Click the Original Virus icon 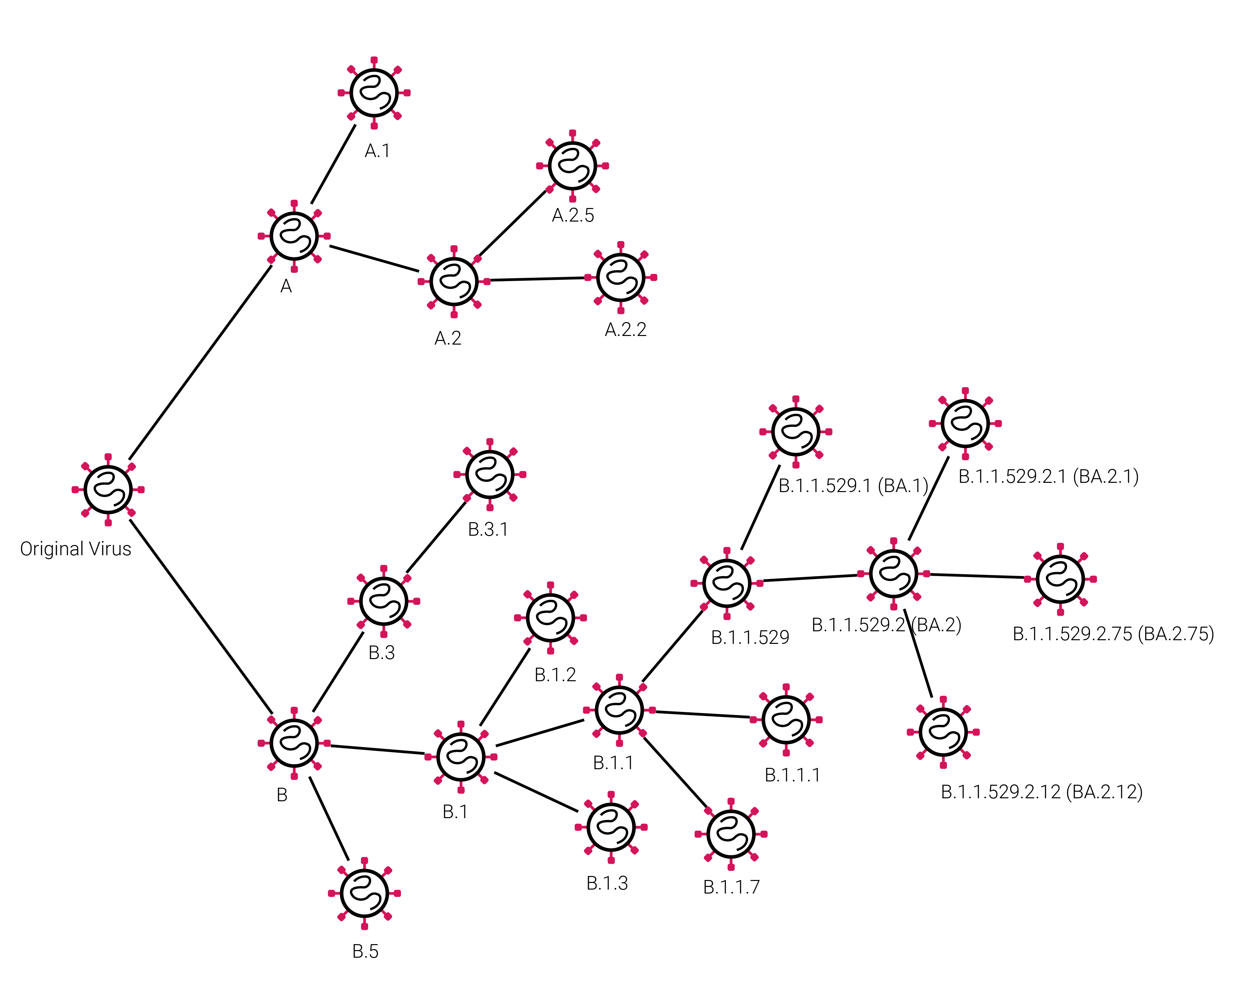[108, 489]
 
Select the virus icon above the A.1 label [374, 92]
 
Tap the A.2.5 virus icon [572, 166]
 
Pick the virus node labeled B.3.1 [490, 474]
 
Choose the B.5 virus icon [364, 893]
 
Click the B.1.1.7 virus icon [731, 833]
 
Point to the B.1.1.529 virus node [727, 583]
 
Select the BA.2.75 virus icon [1060, 578]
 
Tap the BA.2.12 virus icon [943, 732]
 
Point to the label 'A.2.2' [625, 330]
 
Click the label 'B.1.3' [607, 883]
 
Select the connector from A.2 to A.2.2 [537, 279]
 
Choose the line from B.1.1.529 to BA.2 [809, 578]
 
